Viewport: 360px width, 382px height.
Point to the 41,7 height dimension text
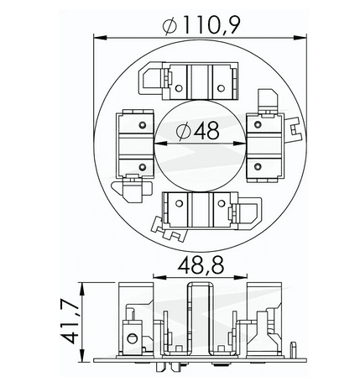coord(70,322)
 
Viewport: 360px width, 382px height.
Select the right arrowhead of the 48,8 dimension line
coord(244,276)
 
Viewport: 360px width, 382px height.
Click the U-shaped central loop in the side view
coord(201,319)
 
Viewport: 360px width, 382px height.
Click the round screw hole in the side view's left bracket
coord(132,339)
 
